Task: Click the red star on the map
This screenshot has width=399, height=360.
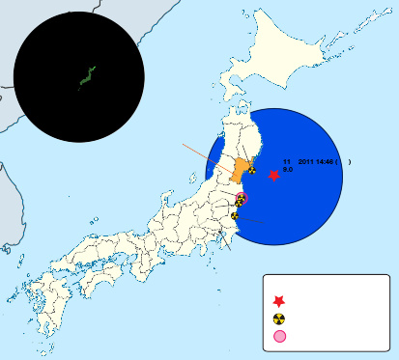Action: pyautogui.click(x=273, y=176)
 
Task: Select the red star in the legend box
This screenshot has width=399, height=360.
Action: pyautogui.click(x=279, y=301)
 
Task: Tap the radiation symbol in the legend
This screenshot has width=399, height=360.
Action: pyautogui.click(x=279, y=318)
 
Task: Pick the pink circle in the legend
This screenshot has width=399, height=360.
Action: pyautogui.click(x=279, y=337)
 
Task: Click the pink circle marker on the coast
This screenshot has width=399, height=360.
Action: pyautogui.click(x=242, y=198)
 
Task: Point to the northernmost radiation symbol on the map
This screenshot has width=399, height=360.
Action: pyautogui.click(x=251, y=171)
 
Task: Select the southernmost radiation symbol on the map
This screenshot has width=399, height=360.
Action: pyautogui.click(x=235, y=216)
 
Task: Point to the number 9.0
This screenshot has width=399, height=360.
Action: pyautogui.click(x=288, y=169)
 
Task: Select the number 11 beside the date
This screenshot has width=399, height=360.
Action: pyautogui.click(x=286, y=160)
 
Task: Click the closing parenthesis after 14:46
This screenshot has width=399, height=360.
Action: pyautogui.click(x=350, y=160)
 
